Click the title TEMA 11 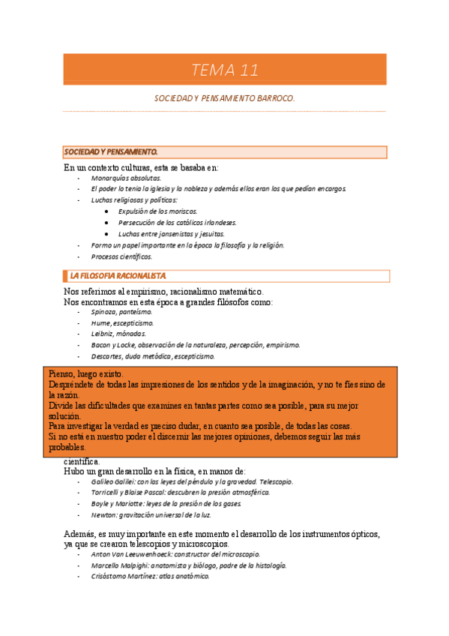point(224,70)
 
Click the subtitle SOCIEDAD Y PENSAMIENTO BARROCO point(224,98)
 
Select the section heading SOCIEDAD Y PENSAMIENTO point(110,152)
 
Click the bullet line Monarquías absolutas point(126,179)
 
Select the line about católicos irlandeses point(177,223)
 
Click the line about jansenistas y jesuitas point(171,234)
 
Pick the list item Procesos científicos point(121,256)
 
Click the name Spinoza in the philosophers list point(104,311)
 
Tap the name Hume point(101,322)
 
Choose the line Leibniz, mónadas point(118,334)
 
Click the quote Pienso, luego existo point(87,373)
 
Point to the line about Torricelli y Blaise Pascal point(180,493)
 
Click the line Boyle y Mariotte point(166,504)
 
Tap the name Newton point(104,515)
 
